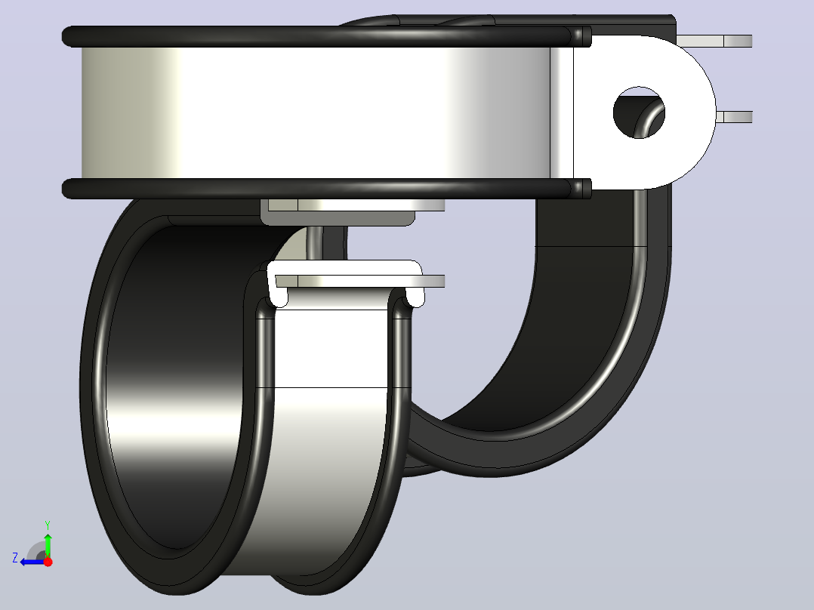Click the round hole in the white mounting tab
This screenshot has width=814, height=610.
coord(639,112)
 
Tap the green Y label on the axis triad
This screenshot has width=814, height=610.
coord(48,525)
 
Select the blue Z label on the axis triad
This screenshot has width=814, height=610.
coord(15,558)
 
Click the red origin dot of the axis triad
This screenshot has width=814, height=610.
coord(48,562)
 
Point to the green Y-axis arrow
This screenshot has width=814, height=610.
coord(48,544)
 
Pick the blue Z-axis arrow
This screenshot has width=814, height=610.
coord(32,562)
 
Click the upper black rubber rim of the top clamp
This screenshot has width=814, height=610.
coord(326,36)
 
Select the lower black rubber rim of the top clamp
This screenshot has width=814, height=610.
coord(326,189)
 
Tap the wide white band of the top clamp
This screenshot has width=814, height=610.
coord(316,112)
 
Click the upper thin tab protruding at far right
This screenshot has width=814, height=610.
coord(714,41)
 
